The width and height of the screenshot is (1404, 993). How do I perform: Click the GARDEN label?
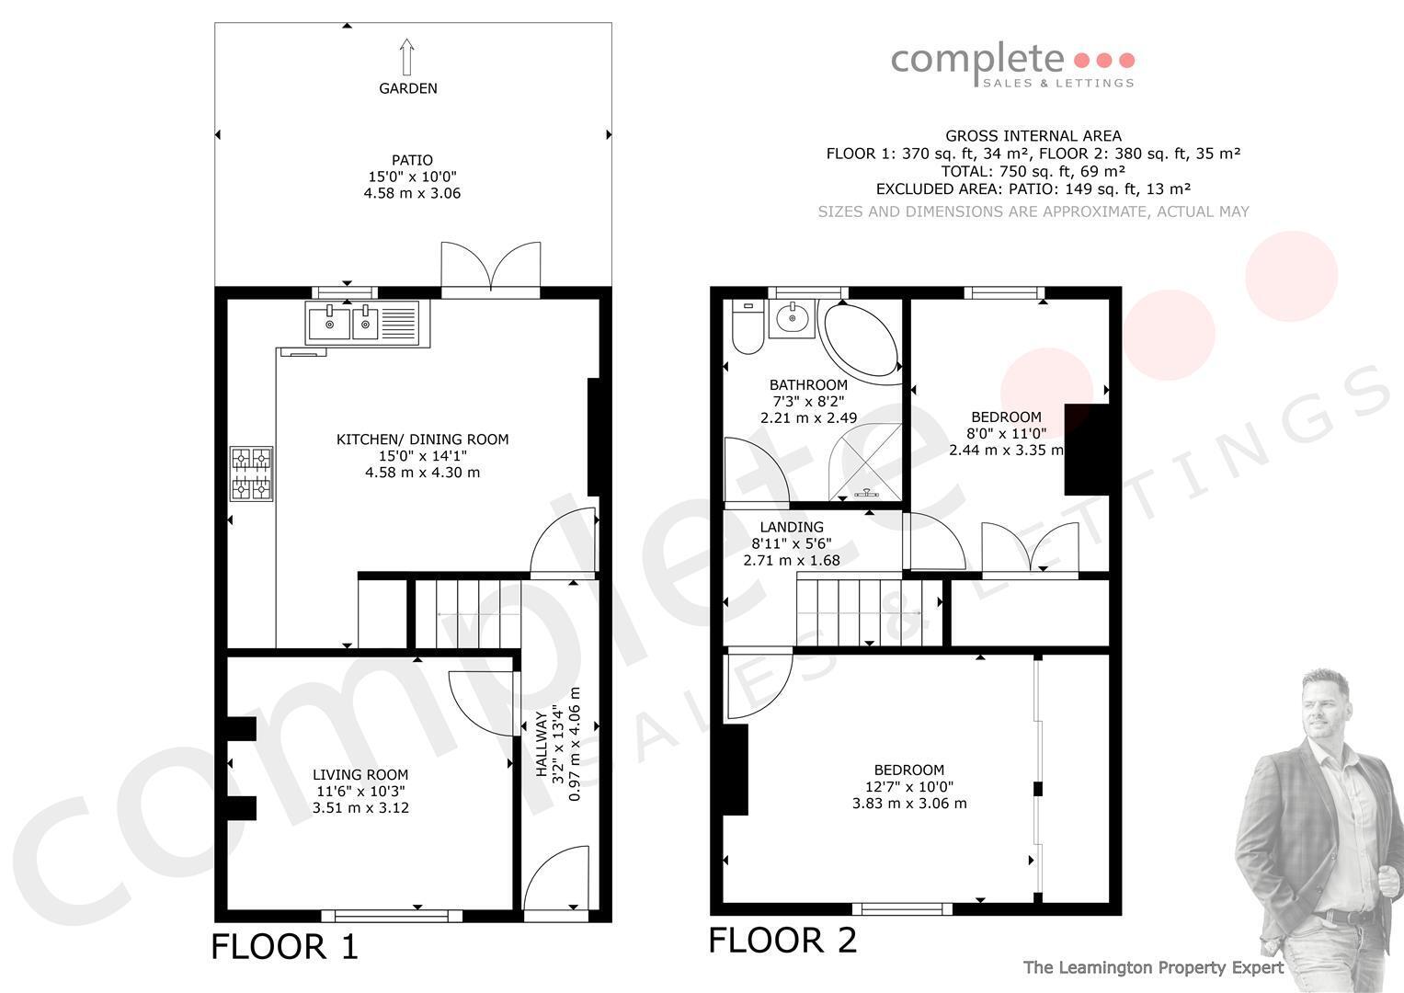408,88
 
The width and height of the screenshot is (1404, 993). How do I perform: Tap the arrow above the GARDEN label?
407,57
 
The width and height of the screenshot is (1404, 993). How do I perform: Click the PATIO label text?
412,161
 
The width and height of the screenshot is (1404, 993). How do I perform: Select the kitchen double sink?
367,324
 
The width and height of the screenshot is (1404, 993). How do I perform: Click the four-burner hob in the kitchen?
251,474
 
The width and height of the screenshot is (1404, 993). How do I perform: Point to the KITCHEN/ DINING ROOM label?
422,439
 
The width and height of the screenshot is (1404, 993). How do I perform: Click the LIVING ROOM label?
360,775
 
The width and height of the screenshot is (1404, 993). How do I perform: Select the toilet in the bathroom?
748,326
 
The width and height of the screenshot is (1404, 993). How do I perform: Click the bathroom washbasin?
793,319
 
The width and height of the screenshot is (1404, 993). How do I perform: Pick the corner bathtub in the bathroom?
860,343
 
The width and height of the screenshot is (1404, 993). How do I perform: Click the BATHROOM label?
808,385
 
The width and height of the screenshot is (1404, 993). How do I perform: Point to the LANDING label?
792,527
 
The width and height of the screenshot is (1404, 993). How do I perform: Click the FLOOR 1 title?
284,947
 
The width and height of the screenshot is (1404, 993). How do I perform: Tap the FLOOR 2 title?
782,941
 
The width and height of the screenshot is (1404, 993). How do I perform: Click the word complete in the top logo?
977,60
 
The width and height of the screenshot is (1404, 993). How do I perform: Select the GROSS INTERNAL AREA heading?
1033,136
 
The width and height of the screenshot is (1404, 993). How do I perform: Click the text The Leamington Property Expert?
1153,968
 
